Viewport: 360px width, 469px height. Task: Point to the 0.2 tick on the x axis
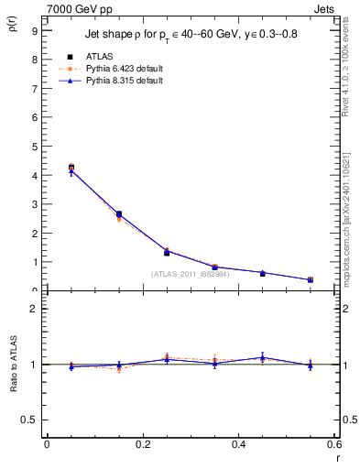(x=142, y=444)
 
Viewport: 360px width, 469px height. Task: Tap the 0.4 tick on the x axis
(x=238, y=444)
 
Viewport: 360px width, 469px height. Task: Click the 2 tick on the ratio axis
(x=33, y=309)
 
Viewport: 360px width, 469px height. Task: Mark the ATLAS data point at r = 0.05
(x=71, y=168)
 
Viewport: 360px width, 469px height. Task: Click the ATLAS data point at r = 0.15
(x=119, y=214)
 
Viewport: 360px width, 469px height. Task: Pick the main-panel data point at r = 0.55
(x=311, y=280)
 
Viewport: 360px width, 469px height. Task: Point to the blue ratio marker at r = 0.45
(x=262, y=357)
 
